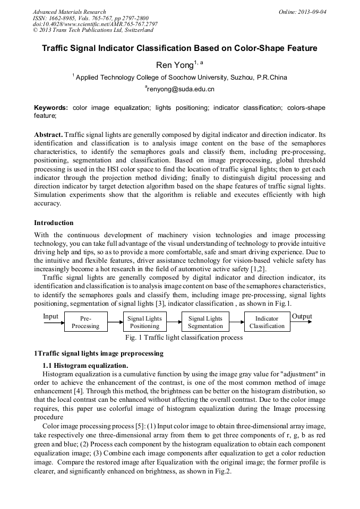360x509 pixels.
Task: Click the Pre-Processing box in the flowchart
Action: coord(85,322)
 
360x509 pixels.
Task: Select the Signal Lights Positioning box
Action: coord(145,322)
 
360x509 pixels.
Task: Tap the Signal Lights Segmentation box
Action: coord(205,322)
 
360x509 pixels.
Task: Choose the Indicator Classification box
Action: coord(267,322)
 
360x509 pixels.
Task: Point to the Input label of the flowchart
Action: coord(50,316)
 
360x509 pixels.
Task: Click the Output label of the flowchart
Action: coord(302,316)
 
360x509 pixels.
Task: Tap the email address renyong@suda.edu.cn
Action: coord(180,89)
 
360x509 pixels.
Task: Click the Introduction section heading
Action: coord(54,222)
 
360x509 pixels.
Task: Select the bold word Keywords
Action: coord(51,107)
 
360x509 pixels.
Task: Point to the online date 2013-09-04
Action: coord(311,12)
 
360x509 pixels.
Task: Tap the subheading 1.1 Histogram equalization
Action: coord(85,365)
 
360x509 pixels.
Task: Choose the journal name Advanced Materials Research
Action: coord(69,12)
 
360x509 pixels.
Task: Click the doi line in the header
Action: coord(95,24)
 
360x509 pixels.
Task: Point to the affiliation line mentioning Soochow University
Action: coord(181,77)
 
